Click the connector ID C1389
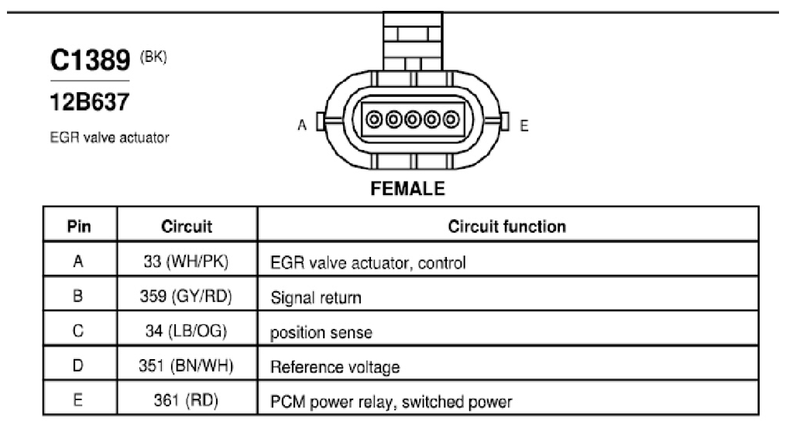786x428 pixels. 91,60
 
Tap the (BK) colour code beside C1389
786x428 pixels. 153,56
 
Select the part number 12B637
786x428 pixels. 90,101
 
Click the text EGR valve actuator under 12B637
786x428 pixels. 109,138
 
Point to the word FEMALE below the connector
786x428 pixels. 407,188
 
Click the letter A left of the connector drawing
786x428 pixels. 302,125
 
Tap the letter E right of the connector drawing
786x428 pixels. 524,125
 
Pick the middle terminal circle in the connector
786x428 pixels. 413,120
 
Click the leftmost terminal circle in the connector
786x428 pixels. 375,120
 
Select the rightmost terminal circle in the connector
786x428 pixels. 451,120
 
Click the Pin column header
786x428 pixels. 79,227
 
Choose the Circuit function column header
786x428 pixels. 506,227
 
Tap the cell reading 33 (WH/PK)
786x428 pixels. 186,261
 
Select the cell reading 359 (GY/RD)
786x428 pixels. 186,296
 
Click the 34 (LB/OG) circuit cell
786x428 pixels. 186,330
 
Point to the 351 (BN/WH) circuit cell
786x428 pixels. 186,365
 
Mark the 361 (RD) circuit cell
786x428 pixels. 186,400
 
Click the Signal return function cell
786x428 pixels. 316,298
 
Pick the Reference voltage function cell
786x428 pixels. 335,368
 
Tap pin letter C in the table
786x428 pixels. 78,330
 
